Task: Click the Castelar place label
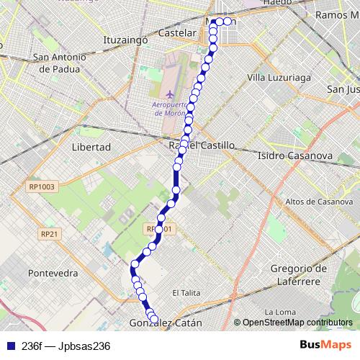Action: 177,34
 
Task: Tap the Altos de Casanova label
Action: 318,201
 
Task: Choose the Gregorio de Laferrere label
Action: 294,274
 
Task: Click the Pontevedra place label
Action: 52,274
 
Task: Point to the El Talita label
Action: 185,292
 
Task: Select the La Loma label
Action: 276,312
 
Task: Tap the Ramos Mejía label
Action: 337,14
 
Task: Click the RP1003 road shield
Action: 42,186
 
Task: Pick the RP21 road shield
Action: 49,234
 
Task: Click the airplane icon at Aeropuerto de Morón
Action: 169,94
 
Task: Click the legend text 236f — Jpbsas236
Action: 66,346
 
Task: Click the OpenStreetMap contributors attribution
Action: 297,323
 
